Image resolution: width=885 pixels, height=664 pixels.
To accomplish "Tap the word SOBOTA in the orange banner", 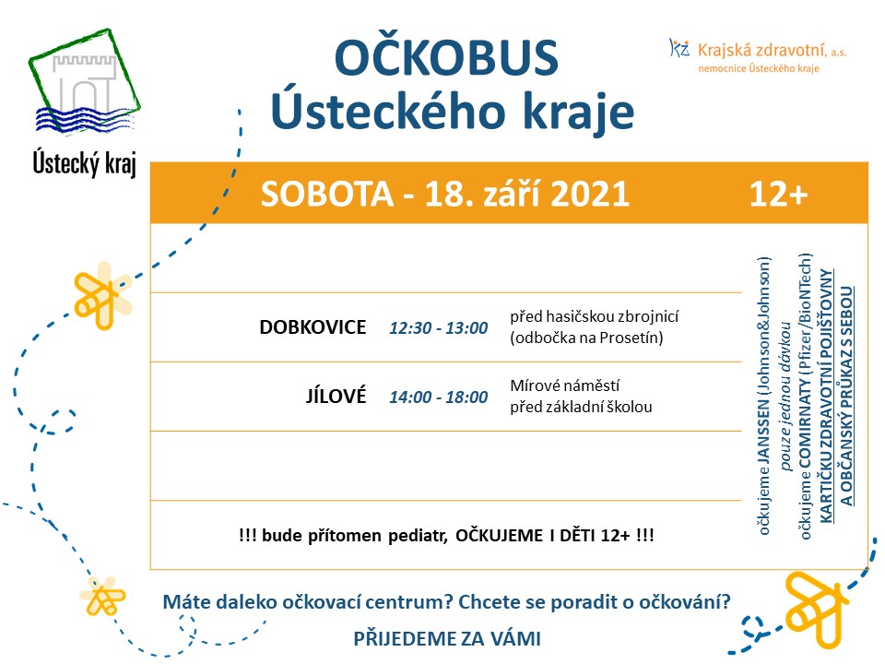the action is point(326,195).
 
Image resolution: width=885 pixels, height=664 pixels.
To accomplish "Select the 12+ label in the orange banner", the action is point(778,195).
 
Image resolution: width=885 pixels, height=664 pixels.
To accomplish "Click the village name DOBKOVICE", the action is point(313,326).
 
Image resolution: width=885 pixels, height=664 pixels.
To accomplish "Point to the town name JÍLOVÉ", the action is point(336,396).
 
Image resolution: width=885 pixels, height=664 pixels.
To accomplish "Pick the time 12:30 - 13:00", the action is point(439,328).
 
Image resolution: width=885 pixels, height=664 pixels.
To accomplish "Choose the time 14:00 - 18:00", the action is point(439,397).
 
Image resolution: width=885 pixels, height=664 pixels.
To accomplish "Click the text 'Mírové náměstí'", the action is point(565,385).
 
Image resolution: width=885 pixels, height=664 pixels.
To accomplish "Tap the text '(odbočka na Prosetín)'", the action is point(586,338).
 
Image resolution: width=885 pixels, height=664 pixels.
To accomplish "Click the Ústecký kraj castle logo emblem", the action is point(85,82).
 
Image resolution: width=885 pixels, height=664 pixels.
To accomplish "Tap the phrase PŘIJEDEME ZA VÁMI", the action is point(447,638).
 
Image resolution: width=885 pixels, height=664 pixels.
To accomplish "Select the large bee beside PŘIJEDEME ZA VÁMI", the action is point(816,609).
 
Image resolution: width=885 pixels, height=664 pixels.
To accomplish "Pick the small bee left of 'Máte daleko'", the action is point(102,597).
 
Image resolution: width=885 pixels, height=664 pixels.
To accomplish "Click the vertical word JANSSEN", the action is point(763,432).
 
